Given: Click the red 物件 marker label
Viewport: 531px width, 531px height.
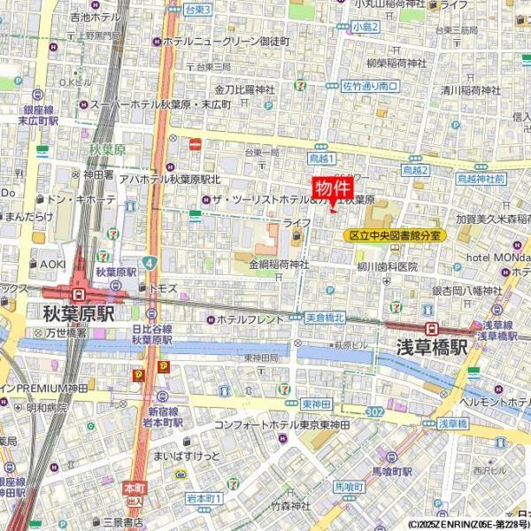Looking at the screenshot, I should [x=333, y=189].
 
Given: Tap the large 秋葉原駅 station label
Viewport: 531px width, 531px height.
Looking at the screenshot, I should [x=79, y=314].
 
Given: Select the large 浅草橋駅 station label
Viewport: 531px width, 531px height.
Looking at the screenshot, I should [x=431, y=347].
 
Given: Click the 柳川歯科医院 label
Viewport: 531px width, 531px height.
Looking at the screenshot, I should [x=387, y=266].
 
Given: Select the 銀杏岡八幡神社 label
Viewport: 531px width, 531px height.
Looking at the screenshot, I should [x=466, y=290].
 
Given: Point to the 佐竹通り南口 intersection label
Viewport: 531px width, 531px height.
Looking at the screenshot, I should [x=370, y=86].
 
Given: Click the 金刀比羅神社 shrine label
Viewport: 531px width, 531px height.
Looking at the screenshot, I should [x=245, y=89].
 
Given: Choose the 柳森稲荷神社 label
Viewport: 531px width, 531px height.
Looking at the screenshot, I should [x=395, y=64].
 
